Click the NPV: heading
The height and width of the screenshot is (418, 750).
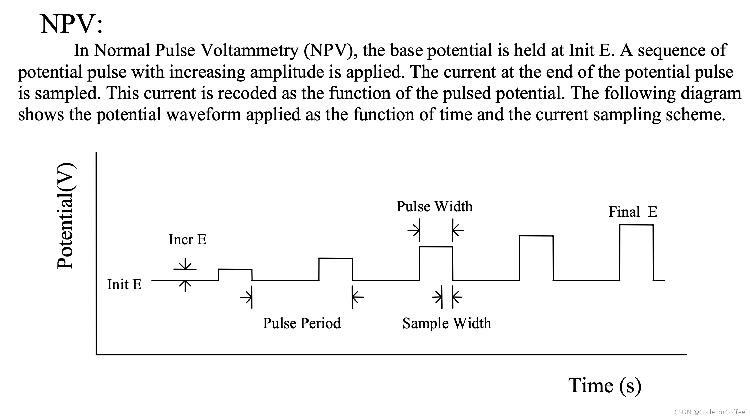(71, 24)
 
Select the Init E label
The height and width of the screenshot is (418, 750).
(124, 284)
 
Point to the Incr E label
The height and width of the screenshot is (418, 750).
(187, 240)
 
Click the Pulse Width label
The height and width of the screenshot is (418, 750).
(434, 206)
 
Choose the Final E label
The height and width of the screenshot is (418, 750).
(633, 212)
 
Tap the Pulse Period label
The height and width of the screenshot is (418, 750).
(302, 323)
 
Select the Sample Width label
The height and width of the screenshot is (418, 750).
(447, 323)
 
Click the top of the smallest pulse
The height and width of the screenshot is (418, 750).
(235, 269)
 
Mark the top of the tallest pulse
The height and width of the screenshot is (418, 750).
(636, 225)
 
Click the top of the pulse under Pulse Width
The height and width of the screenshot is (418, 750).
(436, 247)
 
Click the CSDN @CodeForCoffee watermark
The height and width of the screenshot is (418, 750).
(709, 412)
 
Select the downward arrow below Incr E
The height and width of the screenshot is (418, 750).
(185, 264)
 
